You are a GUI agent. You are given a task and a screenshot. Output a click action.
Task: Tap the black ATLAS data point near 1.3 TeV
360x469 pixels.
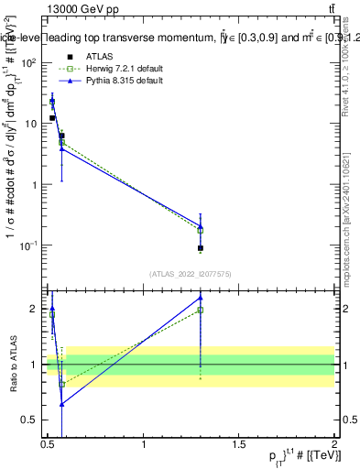[200, 248]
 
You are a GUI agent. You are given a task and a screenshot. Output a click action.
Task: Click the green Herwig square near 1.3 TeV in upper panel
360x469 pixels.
[200, 230]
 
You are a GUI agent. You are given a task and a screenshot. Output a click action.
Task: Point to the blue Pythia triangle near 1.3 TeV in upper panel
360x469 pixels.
[200, 225]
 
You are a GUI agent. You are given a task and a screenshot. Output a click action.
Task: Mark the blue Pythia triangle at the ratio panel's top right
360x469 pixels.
[200, 298]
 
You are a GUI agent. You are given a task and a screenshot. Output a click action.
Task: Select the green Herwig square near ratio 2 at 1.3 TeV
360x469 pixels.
[200, 310]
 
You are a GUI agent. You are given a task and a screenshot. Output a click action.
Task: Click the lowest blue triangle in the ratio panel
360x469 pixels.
[61, 403]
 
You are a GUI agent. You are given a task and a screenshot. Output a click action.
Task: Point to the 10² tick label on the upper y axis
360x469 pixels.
[30, 62]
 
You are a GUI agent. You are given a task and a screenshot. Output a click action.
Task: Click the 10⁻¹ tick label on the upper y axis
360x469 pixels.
[30, 245]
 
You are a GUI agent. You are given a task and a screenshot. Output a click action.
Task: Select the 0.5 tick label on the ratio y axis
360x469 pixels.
[32, 420]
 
